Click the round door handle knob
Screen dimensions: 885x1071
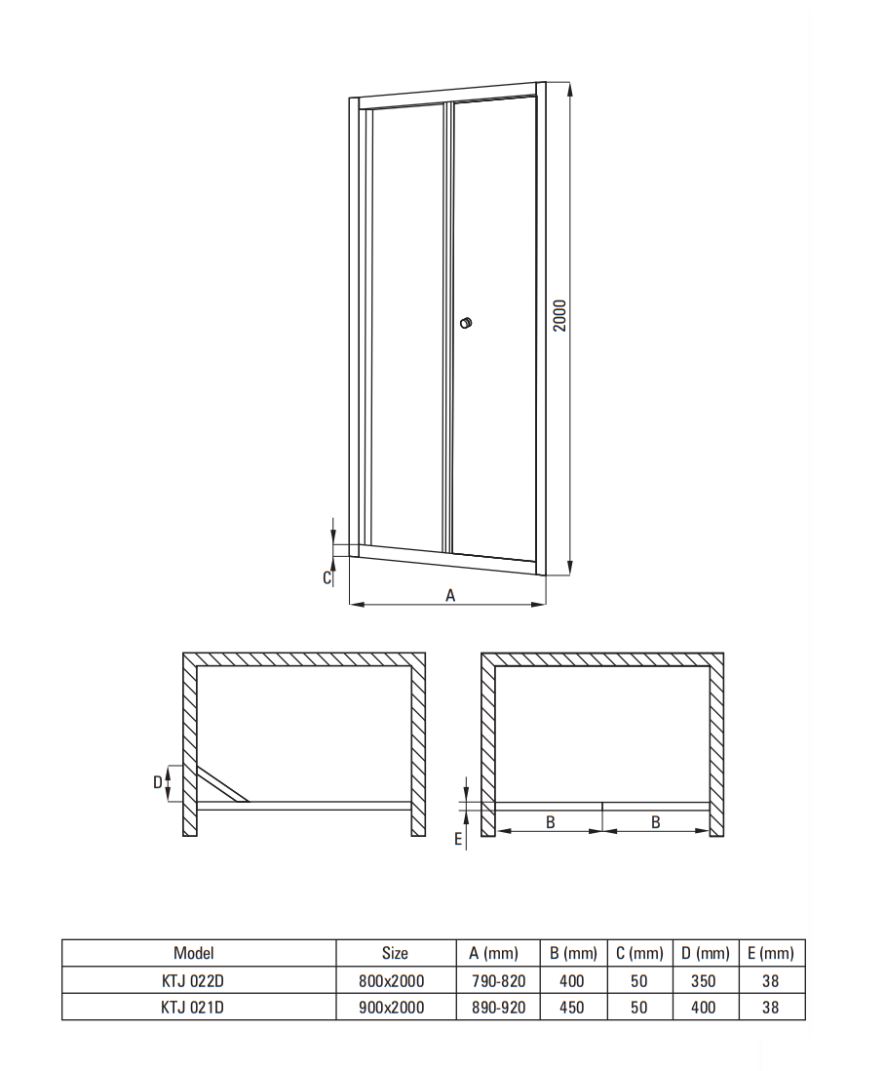(466, 323)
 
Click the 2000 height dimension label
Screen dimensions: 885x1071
(559, 316)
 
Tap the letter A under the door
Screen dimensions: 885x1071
(450, 596)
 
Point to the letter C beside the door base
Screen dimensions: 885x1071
(327, 577)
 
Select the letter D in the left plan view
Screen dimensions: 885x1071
(158, 782)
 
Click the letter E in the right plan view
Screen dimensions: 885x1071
(458, 840)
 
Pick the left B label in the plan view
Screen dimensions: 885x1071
(551, 822)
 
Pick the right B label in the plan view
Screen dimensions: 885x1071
(656, 822)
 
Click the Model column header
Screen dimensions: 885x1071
(194, 953)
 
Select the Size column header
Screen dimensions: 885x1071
(395, 953)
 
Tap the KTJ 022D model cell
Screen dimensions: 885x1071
(192, 981)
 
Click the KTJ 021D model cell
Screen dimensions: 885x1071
(192, 1007)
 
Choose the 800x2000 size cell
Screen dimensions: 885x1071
(392, 981)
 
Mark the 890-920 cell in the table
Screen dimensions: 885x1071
(499, 1007)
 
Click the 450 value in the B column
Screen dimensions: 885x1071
(572, 1007)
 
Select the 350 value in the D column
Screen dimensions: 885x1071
(704, 981)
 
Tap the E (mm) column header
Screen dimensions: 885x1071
(771, 953)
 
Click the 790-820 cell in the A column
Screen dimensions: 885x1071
(499, 981)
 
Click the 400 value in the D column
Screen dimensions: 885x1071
(704, 1007)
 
